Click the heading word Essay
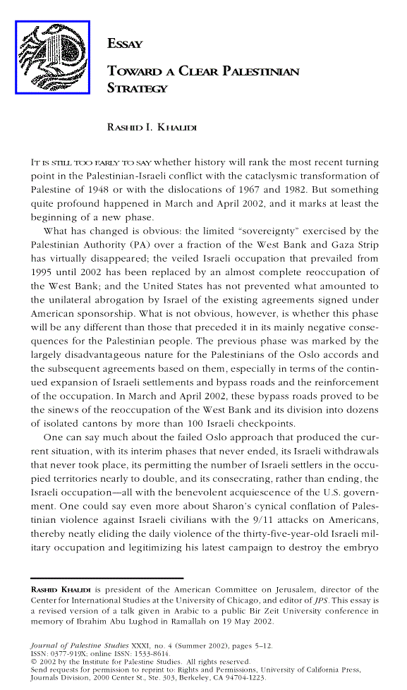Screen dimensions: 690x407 pos(125,44)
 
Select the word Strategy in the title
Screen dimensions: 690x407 pos(137,89)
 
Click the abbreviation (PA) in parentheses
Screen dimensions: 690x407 pos(140,245)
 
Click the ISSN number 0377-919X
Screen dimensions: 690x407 pos(70,653)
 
